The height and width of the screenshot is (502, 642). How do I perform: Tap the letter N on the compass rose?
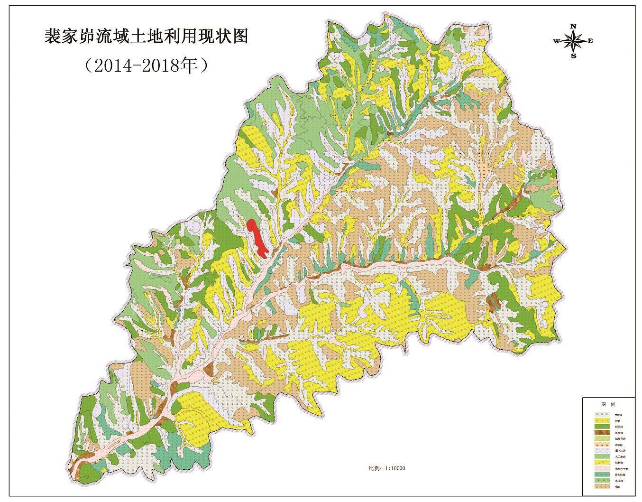(573, 26)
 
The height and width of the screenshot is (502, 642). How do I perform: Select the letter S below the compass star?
(574, 56)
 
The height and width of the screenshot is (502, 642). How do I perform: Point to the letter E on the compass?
(590, 41)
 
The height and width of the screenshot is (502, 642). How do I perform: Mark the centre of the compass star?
(574, 41)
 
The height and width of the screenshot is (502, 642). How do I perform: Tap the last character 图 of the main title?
(240, 36)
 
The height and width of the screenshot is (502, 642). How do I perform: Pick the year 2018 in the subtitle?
(162, 65)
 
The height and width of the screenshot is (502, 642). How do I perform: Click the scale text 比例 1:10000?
(387, 468)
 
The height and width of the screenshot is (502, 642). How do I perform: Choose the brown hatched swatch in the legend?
(602, 432)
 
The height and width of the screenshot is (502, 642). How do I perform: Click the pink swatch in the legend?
(602, 468)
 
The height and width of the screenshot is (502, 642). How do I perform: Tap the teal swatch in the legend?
(602, 474)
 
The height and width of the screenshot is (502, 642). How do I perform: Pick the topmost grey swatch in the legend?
(602, 414)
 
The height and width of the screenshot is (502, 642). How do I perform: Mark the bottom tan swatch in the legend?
(602, 486)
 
